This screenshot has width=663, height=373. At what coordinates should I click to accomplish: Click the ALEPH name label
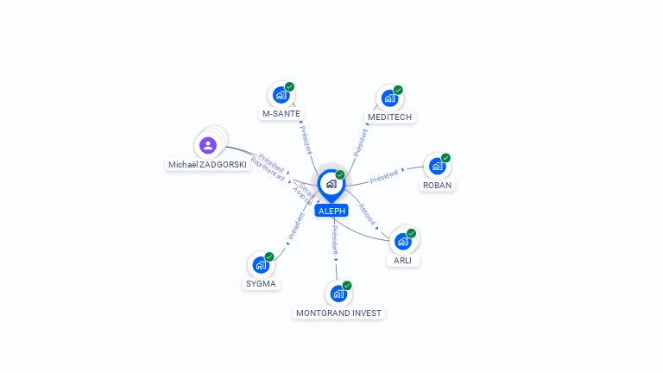click(331, 211)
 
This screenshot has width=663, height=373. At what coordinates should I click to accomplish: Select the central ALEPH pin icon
click(331, 184)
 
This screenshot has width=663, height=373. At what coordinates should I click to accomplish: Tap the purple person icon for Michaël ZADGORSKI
click(207, 144)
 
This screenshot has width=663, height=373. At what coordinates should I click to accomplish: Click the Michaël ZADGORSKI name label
click(207, 164)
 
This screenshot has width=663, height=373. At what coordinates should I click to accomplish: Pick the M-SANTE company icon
click(281, 95)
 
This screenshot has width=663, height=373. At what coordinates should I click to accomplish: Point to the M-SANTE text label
click(281, 114)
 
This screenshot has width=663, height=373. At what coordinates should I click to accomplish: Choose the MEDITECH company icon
click(389, 98)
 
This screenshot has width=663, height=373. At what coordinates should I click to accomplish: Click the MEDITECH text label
click(390, 117)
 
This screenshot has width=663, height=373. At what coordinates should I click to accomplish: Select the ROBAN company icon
click(437, 166)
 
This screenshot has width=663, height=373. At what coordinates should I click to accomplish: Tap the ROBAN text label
click(437, 185)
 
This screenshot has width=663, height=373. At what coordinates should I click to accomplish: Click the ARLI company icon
click(402, 241)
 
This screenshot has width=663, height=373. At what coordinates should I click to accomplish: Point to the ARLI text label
click(402, 261)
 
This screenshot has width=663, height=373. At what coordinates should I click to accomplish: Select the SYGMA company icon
click(261, 264)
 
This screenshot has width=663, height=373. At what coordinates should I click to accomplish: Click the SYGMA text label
click(262, 283)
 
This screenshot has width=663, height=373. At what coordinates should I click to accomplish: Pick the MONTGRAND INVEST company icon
click(338, 294)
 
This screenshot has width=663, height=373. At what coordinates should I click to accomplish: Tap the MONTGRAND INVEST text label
click(338, 313)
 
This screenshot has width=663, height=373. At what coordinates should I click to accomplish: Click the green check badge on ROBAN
click(445, 158)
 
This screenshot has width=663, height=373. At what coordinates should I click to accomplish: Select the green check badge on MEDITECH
click(398, 90)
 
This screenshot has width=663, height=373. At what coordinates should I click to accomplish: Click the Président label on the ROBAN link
click(384, 178)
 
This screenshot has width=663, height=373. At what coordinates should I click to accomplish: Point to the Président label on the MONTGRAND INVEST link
click(335, 239)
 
